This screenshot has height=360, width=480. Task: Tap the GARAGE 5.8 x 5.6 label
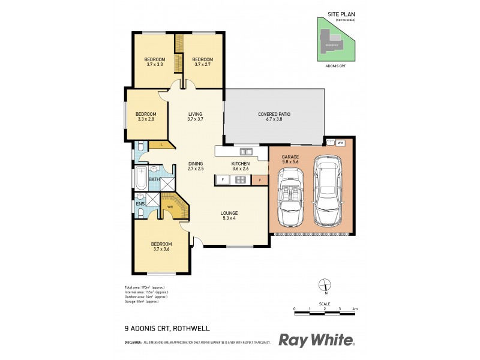tap(290, 160)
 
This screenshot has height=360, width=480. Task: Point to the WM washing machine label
tap(341, 143)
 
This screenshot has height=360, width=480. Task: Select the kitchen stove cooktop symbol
tap(240, 179)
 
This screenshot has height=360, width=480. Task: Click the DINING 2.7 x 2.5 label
tap(196, 166)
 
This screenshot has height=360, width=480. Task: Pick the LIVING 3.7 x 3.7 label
tap(196, 116)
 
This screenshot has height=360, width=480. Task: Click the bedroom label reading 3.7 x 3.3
tap(155, 61)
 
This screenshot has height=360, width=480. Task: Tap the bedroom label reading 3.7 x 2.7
tap(202, 61)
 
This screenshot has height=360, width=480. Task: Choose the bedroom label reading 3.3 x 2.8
tap(146, 116)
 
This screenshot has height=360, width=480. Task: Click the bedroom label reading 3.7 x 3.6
tap(161, 247)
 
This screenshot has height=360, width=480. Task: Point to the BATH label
tap(154, 179)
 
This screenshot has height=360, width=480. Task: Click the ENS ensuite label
tap(140, 204)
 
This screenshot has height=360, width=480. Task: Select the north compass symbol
tap(324, 286)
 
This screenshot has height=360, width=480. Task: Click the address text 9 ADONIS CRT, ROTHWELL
tap(158, 329)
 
